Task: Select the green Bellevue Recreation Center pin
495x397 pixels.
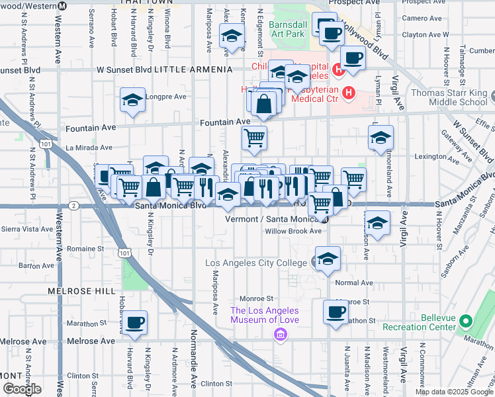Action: point(465,322)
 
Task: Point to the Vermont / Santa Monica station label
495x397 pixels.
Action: point(271,219)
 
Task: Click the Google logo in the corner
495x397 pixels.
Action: point(22,389)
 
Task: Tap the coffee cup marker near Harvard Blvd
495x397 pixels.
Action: point(135,322)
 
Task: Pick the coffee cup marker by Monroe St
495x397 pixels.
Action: point(335,312)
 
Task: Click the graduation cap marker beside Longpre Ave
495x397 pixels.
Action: point(132,100)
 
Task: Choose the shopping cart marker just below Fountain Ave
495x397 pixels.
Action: point(254,138)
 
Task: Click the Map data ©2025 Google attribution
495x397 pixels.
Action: point(453,392)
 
